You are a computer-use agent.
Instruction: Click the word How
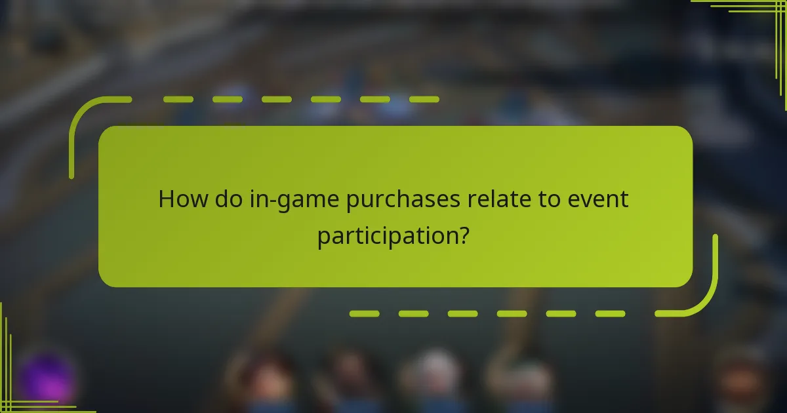click(x=181, y=199)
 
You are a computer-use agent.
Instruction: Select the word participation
click(x=386, y=236)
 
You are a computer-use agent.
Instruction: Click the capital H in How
click(x=167, y=199)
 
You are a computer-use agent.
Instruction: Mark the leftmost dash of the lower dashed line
click(x=364, y=314)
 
